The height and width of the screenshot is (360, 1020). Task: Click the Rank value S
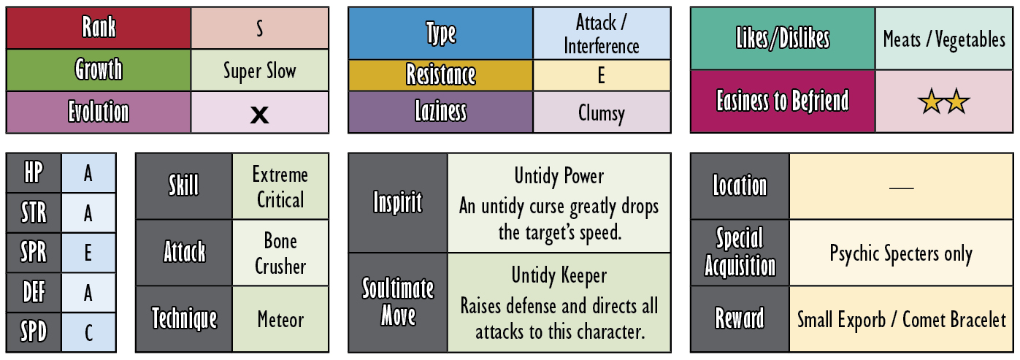tap(259, 28)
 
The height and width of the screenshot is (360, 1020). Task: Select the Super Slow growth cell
tap(259, 71)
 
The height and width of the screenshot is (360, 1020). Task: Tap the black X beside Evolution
tap(259, 115)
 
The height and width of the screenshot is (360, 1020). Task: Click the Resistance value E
tap(602, 75)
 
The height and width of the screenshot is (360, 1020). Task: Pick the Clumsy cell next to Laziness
tap(602, 112)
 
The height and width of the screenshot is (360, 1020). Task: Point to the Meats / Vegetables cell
tap(944, 39)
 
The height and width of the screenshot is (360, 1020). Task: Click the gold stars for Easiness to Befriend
tap(944, 102)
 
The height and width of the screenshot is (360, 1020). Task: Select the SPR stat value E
tap(88, 253)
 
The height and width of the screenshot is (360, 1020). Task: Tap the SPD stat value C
tap(88, 332)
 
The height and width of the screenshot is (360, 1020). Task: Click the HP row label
tap(34, 173)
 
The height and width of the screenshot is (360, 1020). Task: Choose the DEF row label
tap(34, 292)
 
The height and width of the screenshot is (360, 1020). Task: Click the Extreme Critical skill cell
tap(280, 186)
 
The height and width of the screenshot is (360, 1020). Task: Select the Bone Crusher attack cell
tap(280, 253)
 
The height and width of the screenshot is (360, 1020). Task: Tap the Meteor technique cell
tap(280, 319)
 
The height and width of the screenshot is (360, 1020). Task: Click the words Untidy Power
tap(559, 176)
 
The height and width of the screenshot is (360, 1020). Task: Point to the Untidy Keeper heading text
tap(559, 275)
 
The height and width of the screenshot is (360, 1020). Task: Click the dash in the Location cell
tap(901, 188)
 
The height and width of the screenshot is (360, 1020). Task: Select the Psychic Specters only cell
tap(901, 253)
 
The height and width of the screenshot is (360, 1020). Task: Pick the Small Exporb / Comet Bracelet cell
tap(901, 319)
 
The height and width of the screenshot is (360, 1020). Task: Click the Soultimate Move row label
tap(398, 302)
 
